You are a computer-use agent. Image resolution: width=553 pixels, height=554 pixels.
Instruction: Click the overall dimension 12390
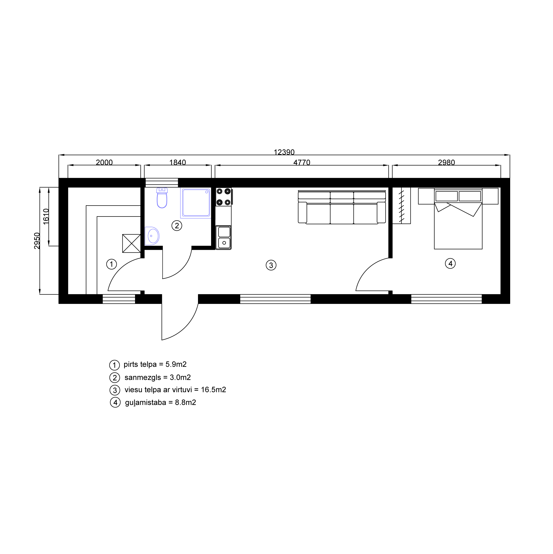[284, 152]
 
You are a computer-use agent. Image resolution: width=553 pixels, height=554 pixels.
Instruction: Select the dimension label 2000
[104, 163]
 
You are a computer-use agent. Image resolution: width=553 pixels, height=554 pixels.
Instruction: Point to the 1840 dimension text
[178, 163]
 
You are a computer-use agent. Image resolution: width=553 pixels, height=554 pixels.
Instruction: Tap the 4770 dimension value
[302, 163]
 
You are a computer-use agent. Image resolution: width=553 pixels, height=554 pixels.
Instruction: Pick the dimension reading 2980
[447, 163]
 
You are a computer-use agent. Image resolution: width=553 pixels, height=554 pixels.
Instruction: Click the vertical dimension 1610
[46, 217]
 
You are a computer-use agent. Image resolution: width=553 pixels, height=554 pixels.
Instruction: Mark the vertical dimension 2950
[37, 241]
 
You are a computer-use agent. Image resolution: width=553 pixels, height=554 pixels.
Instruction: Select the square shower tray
[196, 203]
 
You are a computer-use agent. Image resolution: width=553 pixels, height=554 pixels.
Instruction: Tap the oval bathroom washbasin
[152, 236]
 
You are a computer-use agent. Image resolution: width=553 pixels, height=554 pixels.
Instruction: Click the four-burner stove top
[224, 197]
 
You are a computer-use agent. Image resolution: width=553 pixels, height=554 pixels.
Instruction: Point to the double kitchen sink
[223, 238]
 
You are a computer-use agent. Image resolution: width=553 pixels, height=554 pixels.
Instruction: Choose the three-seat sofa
[342, 207]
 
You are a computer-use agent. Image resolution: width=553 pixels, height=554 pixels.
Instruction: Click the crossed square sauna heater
[132, 243]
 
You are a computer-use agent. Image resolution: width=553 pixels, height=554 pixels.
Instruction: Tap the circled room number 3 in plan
[271, 265]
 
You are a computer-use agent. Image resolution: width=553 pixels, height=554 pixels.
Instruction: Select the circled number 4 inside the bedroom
[450, 263]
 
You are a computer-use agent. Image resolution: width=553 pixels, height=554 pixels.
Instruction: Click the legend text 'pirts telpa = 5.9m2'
[155, 364]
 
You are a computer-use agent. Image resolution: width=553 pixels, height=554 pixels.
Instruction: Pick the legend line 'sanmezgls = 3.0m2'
[157, 378]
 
